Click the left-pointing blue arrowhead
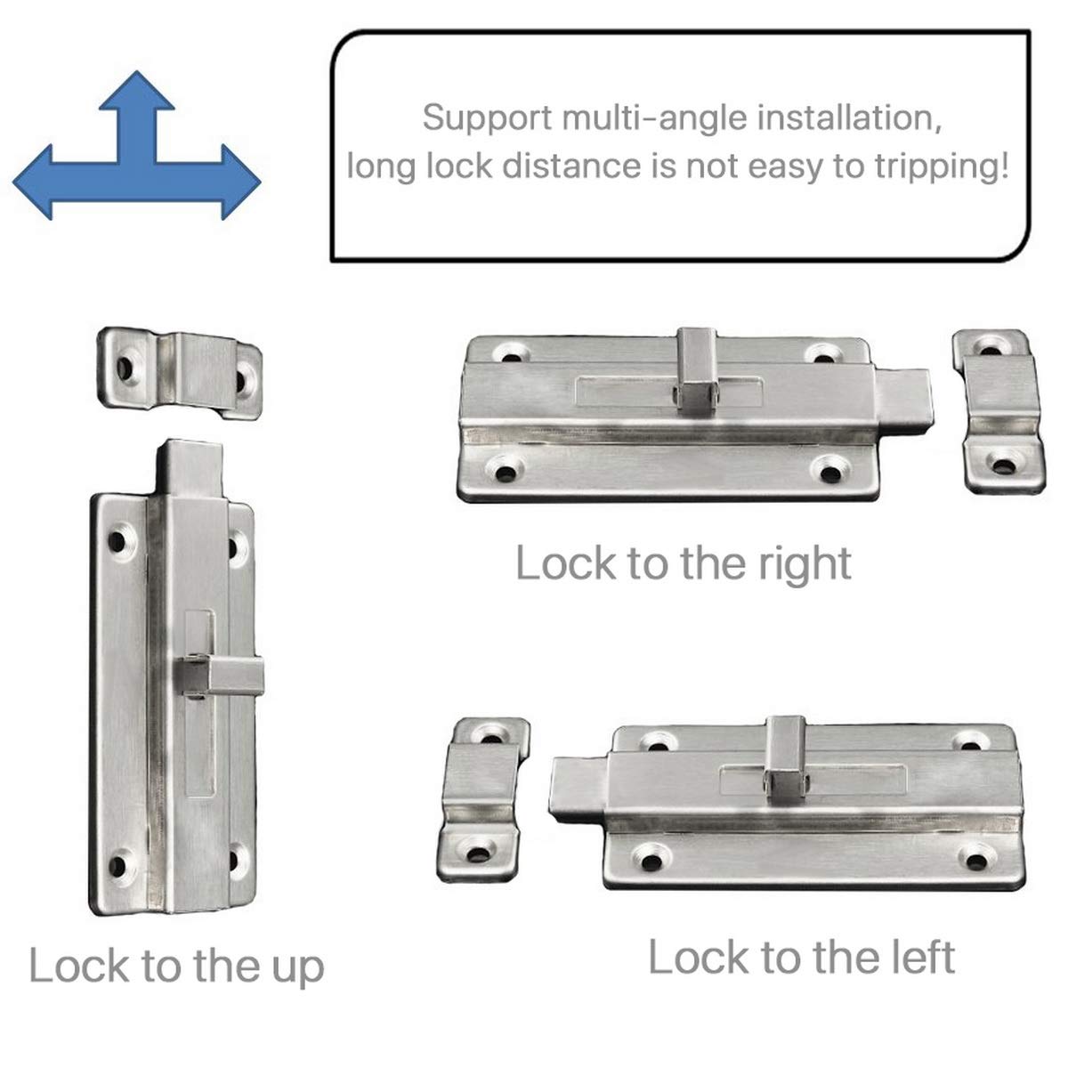(40, 182)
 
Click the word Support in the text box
(477, 117)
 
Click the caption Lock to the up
(176, 967)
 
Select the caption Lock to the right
(684, 563)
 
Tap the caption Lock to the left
(801, 958)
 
